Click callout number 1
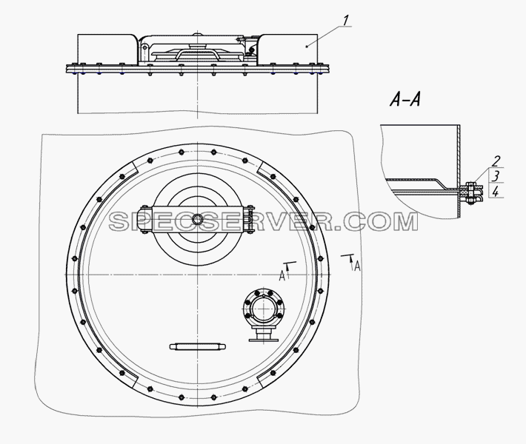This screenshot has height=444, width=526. point(346,21)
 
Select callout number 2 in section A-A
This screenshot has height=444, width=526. point(496,161)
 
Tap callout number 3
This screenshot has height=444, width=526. point(496,176)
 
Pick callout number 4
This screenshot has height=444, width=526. point(496,192)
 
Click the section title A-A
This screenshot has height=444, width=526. point(405,99)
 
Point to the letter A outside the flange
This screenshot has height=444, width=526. point(358,266)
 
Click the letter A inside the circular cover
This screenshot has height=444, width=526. point(282,276)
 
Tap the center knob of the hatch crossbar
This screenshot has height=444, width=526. point(198,220)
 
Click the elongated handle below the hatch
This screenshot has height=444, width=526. point(198,347)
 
